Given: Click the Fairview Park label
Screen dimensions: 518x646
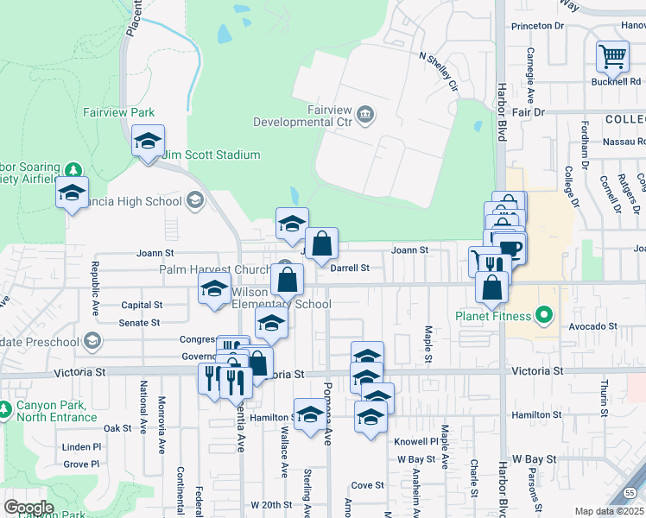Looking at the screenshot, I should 118,112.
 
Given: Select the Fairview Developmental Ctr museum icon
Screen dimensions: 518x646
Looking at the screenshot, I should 365,113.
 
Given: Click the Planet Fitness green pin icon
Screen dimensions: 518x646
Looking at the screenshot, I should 543,315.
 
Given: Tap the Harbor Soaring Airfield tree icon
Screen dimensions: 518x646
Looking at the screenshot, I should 74,168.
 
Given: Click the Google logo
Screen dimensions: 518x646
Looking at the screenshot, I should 28,507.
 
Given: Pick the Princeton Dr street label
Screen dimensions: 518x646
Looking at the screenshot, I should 537,26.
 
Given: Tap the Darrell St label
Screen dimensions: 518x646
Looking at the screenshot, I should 350,268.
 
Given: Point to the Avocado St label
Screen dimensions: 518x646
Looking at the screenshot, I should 593,327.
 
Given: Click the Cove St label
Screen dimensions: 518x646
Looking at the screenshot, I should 367,485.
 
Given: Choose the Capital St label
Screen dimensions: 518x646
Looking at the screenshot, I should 142,305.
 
